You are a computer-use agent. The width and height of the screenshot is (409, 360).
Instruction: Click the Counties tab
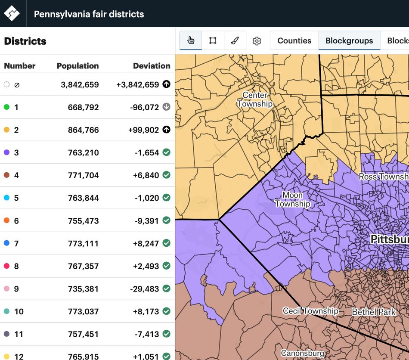(294, 40)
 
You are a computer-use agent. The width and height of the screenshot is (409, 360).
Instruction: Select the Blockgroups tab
(349, 40)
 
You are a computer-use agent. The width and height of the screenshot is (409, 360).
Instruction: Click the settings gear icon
(257, 41)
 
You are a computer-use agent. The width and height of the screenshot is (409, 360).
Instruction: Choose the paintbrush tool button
(235, 40)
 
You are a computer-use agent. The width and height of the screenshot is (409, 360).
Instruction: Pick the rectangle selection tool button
(213, 40)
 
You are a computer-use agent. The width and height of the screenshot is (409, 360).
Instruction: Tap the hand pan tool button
(191, 40)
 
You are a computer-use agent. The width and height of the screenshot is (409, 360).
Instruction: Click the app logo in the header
(12, 13)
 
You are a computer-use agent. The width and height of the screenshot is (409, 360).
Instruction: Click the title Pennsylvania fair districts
(89, 14)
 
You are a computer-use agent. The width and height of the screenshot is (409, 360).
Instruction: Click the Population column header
(77, 66)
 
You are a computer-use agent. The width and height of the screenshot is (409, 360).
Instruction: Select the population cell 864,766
(83, 130)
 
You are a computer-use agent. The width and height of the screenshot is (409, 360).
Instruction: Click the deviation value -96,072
(144, 107)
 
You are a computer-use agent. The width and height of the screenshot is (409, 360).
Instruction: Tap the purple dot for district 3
(6, 152)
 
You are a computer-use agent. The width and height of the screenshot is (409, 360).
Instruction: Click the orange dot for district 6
(6, 220)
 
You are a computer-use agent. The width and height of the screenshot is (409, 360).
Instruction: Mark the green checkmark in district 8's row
(166, 266)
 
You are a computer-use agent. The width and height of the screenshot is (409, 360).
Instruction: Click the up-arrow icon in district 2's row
(166, 130)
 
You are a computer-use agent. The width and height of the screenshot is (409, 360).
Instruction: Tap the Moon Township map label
(293, 199)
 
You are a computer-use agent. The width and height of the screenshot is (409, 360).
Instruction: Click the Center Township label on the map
(255, 99)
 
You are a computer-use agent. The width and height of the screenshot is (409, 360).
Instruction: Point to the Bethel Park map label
(374, 312)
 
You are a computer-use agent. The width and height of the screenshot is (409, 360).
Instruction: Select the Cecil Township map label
(310, 310)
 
